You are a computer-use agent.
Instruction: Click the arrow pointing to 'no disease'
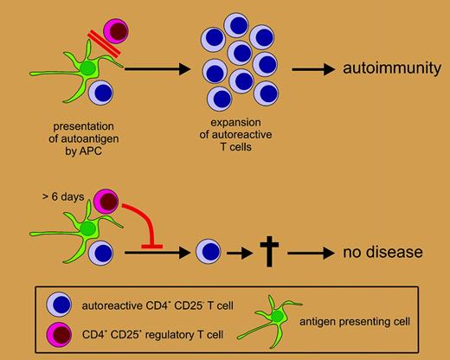[312, 253]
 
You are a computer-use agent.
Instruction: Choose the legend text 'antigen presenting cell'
[366, 321]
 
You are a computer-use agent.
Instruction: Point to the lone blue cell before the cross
[207, 253]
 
